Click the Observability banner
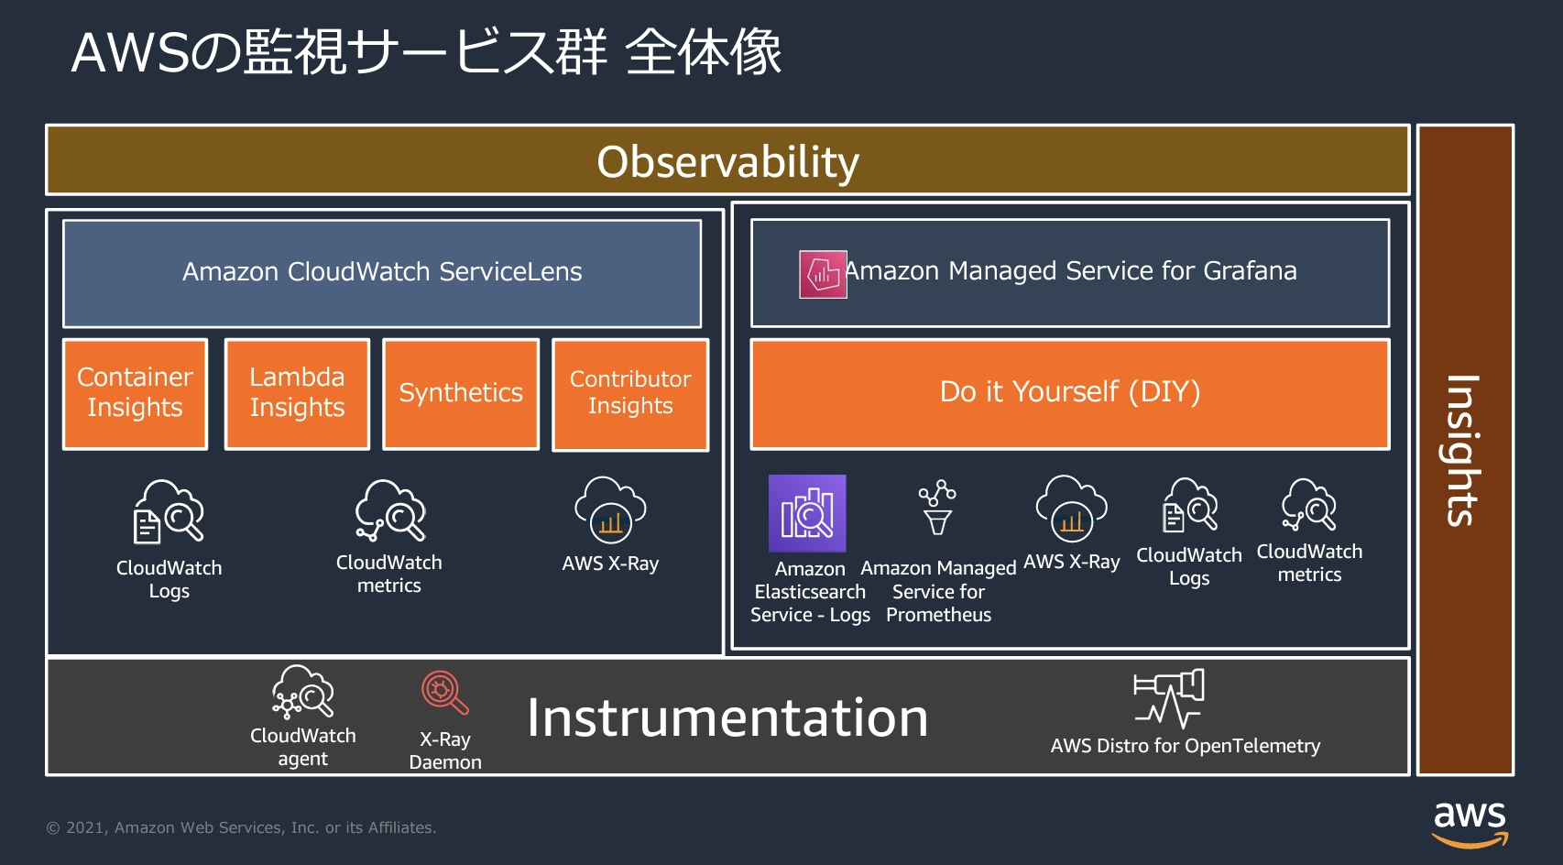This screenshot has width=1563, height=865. coord(727,159)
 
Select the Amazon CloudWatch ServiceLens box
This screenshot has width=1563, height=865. coord(382,273)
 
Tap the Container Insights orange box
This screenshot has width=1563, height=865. coord(136,394)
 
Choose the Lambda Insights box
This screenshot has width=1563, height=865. coord(297,394)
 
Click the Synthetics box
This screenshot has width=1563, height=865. coord(461,394)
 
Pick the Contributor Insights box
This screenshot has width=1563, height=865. coord(630,394)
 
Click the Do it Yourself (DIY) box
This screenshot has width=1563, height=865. coord(1070,394)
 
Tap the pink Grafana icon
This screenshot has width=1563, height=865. coord(824,274)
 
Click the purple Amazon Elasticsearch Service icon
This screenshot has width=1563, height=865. coord(807,513)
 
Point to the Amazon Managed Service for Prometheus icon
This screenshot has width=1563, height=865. coord(938,508)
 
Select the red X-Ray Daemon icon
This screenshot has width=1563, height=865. coord(444,693)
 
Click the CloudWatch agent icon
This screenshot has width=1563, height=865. coord(303,692)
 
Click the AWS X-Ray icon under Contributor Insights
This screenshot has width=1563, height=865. coord(610,510)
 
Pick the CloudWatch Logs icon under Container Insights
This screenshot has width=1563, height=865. coord(169,511)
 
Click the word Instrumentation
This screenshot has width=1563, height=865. coord(727,717)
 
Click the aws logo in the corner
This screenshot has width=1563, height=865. coord(1470,825)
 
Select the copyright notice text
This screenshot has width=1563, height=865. coord(242,827)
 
